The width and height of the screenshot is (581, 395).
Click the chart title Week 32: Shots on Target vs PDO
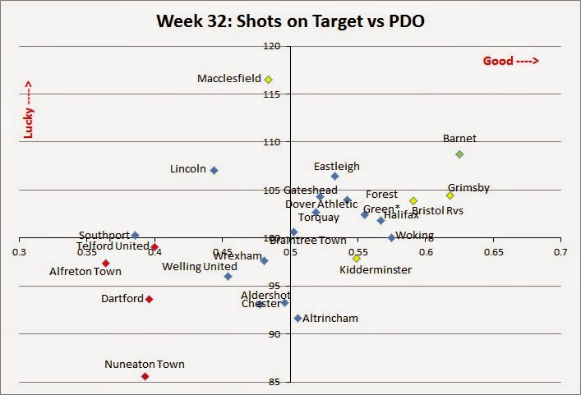[x=291, y=19]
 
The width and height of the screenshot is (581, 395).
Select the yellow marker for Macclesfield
[x=269, y=80]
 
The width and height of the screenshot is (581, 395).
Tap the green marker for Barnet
[x=459, y=154]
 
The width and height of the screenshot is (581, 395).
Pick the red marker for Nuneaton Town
[x=145, y=376]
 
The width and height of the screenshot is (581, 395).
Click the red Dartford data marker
[x=149, y=299]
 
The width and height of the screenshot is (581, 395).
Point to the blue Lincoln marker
[x=214, y=170]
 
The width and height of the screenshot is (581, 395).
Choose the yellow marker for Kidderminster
[x=357, y=258]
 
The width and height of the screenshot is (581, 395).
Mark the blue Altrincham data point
[x=297, y=318]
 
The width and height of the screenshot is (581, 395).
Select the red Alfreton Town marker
[x=106, y=263]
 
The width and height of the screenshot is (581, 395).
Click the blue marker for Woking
[x=391, y=237]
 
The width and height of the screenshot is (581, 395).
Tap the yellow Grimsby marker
[x=450, y=195]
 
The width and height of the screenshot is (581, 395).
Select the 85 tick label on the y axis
[x=272, y=382]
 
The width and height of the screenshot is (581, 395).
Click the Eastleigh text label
[x=337, y=166]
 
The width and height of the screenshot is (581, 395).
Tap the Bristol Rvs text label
[x=437, y=210]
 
